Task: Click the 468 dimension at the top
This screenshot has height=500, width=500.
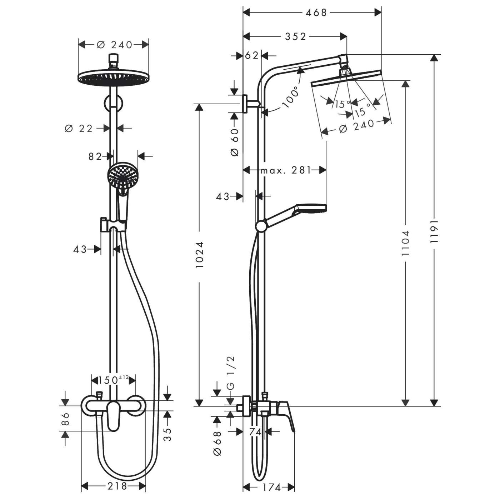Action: point(316,12)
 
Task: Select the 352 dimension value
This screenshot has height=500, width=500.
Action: point(295,36)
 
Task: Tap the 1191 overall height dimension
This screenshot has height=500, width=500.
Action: point(434,231)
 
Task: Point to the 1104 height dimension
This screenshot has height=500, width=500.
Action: point(405,243)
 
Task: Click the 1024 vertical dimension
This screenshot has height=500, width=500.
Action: point(199,255)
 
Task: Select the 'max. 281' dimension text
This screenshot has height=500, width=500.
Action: point(286,170)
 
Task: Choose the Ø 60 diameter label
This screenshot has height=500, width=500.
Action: point(235,142)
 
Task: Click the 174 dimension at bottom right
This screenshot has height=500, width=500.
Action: point(271,487)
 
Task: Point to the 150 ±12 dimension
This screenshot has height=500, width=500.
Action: point(113,380)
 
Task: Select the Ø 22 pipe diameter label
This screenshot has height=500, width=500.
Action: point(79,128)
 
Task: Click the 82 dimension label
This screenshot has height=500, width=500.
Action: point(95,156)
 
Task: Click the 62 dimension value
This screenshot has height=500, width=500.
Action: point(252,56)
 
